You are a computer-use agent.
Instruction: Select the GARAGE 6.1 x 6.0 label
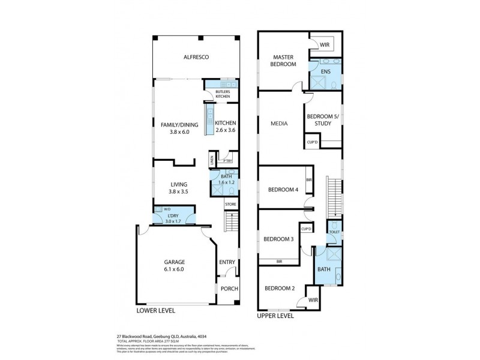tap(175, 266)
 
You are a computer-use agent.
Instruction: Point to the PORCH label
tap(229, 289)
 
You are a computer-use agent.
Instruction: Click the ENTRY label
tap(227, 262)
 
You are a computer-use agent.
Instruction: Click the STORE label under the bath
tap(231, 205)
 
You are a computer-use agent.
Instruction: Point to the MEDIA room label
tap(280, 124)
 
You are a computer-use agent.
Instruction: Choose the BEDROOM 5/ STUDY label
tap(323, 121)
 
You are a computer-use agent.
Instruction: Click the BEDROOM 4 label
tap(283, 190)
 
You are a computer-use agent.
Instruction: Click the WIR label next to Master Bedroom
tap(325, 44)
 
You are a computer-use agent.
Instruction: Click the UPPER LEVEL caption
tap(275, 315)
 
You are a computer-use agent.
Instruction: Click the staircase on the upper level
tap(332, 198)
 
